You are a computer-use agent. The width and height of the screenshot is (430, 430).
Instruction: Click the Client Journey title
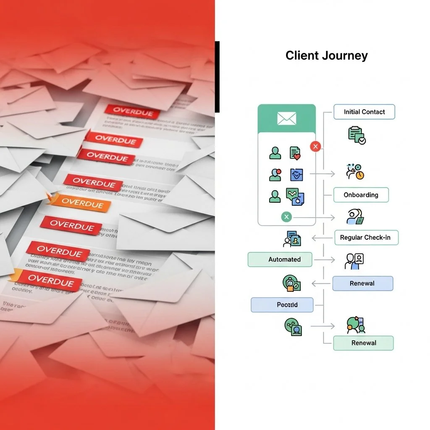click(x=326, y=55)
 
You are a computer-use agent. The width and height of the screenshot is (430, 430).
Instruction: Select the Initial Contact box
click(x=364, y=112)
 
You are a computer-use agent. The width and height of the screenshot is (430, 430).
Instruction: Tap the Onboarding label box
click(x=361, y=195)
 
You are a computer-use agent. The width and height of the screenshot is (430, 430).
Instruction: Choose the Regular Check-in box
click(x=366, y=237)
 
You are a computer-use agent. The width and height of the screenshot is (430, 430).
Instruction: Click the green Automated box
click(x=280, y=260)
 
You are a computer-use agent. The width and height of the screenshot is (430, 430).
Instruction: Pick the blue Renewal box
click(x=362, y=283)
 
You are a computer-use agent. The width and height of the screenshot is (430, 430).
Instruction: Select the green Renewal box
click(x=363, y=343)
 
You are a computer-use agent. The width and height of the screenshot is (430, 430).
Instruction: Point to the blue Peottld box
click(x=282, y=305)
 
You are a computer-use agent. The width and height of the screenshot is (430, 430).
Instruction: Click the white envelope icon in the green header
click(x=286, y=118)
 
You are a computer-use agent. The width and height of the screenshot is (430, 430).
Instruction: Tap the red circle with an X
click(x=315, y=146)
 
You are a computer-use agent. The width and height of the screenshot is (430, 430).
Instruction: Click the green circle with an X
click(x=286, y=217)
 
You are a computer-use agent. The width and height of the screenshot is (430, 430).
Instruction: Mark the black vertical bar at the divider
click(x=217, y=77)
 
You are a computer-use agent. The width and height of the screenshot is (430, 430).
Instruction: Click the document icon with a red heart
click(x=295, y=153)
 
